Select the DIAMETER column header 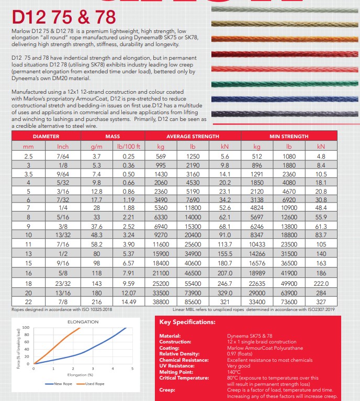click(x=46, y=136)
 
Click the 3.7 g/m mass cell click(x=96, y=156)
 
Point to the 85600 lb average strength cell click(x=193, y=303)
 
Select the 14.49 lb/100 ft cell click(x=129, y=303)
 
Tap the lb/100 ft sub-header click(x=129, y=147)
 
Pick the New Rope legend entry click(x=57, y=384)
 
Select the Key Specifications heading click(x=187, y=322)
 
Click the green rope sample click(x=285, y=84)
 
